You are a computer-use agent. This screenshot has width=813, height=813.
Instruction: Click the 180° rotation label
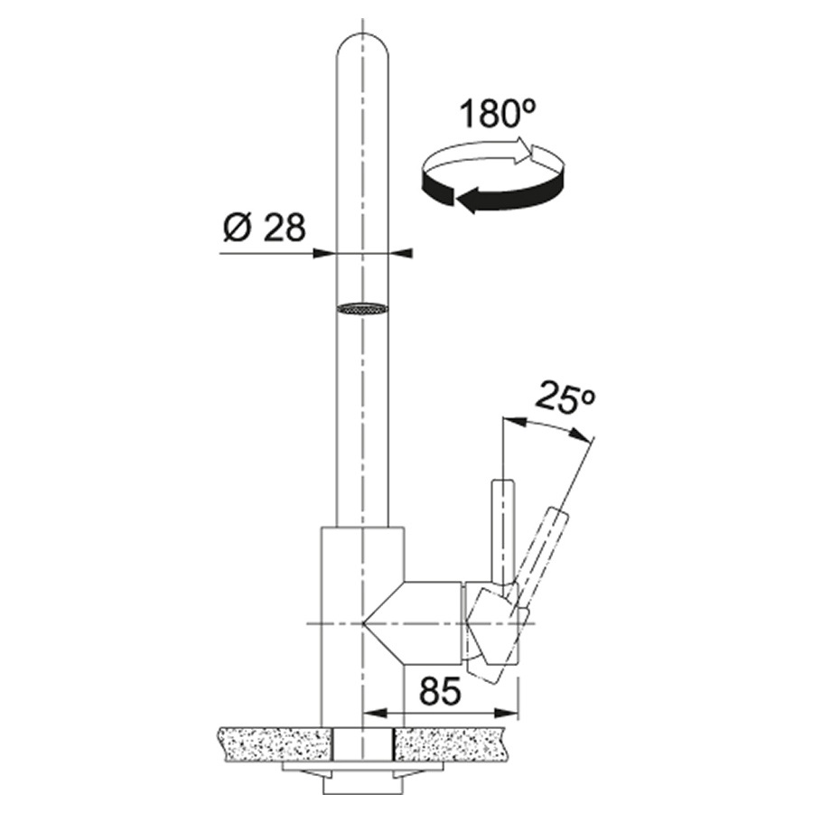point(498,115)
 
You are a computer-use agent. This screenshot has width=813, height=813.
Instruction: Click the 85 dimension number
point(440,692)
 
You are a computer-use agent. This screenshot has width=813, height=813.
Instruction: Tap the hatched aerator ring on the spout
point(361,308)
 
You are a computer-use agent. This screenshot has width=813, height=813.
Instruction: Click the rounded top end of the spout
point(361,45)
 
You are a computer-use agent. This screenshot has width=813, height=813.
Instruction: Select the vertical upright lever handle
point(502,524)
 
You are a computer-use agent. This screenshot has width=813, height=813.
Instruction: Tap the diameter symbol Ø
point(235,228)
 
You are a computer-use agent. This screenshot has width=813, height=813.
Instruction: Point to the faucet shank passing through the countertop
point(361,743)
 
